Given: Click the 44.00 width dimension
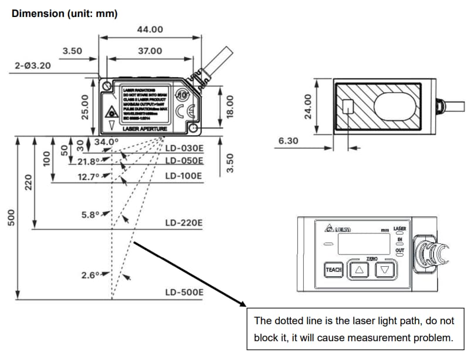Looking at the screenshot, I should click(150, 30).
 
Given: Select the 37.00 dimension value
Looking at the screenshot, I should click(150, 51).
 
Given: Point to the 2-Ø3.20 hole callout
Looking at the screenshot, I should click(33, 66).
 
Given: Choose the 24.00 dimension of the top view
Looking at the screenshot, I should click(304, 106).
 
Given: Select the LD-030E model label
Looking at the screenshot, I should click(184, 148).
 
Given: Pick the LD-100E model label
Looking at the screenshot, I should click(184, 176).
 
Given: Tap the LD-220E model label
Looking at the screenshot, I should click(184, 223).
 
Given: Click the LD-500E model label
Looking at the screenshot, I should click(184, 292).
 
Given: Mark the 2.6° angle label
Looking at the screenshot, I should click(92, 274).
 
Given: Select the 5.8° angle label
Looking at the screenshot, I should click(92, 214).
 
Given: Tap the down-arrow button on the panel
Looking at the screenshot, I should click(385, 270).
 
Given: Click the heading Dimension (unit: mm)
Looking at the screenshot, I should click(65, 13).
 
